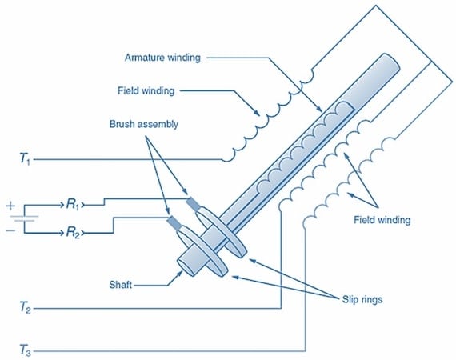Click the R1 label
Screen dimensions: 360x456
[x=74, y=205]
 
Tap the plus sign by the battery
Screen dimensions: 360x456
[x=11, y=205]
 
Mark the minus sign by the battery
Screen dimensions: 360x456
[x=11, y=232]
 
